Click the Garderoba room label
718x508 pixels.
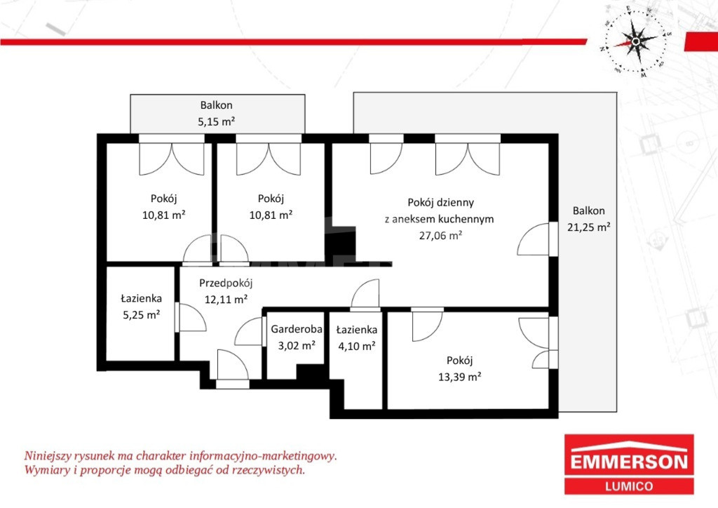[x=297, y=329]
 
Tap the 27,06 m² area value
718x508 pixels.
[x=440, y=236]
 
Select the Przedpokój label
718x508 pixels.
[x=226, y=283]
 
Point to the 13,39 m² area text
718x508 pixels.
[x=459, y=377]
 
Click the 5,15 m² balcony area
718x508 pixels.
[x=216, y=122]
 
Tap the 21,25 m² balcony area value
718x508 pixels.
[x=588, y=227]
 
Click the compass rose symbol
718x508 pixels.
[x=635, y=42]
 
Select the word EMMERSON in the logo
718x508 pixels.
[x=629, y=462]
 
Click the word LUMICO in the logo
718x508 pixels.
[x=629, y=486]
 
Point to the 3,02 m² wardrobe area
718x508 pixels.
[x=297, y=345]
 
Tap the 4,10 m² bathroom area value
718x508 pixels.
[x=357, y=346]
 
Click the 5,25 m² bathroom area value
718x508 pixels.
[x=141, y=315]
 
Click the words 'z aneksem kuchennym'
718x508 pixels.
[x=439, y=219]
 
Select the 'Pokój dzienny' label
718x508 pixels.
[x=440, y=203]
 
